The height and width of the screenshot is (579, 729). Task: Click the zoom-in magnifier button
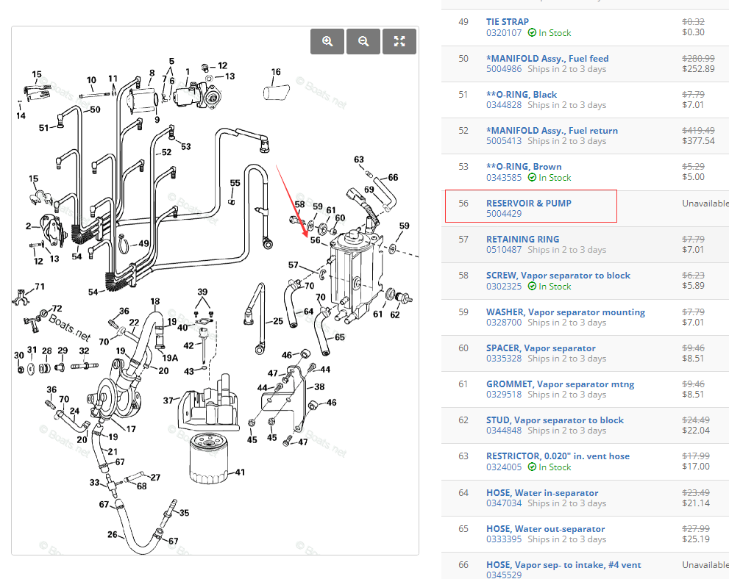point(327,42)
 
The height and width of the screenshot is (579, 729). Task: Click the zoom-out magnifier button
point(363,42)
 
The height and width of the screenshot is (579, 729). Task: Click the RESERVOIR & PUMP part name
point(528,203)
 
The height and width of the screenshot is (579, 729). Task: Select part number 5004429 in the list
point(504,214)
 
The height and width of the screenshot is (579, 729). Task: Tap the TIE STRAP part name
point(507,22)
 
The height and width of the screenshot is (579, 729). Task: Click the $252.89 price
point(698,69)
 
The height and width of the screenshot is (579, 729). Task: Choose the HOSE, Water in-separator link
point(542,493)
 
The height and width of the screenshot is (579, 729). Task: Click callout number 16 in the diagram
point(276,72)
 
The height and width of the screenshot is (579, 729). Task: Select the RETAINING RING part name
point(522,240)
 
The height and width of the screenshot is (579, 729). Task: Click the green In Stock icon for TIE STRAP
point(532,33)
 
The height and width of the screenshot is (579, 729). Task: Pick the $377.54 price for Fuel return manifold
point(698,141)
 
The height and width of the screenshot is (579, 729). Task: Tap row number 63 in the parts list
point(463,456)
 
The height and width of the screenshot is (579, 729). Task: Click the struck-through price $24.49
point(696,420)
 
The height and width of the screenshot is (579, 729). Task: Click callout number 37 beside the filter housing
point(168,400)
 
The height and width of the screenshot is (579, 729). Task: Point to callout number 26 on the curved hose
point(113,534)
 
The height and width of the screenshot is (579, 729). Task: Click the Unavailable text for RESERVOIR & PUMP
point(705,204)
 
